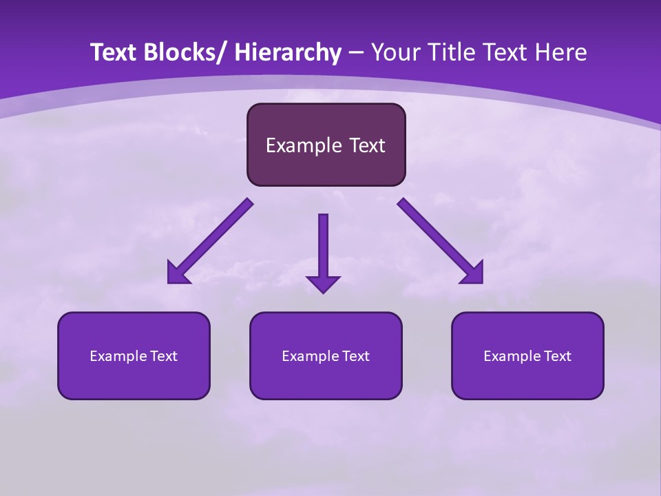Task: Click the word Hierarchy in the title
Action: click(288, 52)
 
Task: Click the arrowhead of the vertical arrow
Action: click(323, 283)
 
